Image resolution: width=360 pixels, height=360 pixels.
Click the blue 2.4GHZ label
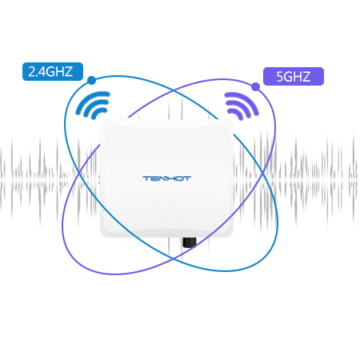point(53,71)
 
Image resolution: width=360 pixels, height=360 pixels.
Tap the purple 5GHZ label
point(294,77)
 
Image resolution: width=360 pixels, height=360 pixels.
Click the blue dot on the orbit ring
point(91,80)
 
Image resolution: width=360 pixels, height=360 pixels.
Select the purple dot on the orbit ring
point(255,86)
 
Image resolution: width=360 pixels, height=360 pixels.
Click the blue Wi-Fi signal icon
point(93,105)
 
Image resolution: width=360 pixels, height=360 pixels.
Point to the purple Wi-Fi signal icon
point(242,106)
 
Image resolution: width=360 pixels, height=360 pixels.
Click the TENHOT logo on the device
point(167,178)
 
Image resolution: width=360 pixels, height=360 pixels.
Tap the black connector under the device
point(190,242)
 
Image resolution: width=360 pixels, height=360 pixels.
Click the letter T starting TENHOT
point(146,178)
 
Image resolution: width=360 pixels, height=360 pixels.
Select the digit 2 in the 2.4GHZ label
point(31,71)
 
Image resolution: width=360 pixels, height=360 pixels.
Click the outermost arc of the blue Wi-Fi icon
point(90,102)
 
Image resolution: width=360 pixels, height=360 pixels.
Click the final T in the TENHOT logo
point(187,178)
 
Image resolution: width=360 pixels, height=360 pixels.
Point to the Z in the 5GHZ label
point(306,77)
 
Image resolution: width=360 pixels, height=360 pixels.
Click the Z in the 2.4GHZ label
point(69,71)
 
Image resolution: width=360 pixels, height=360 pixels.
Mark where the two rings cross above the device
point(174,90)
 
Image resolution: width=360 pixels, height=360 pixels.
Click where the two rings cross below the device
point(174,258)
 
